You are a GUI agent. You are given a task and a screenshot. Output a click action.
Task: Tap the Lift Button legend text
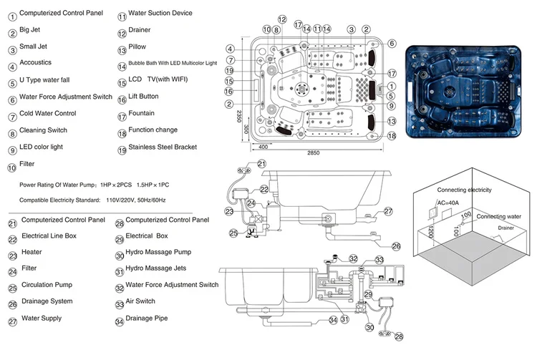click(x=143, y=97)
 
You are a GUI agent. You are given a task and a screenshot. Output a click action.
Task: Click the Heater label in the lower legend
click(x=32, y=252)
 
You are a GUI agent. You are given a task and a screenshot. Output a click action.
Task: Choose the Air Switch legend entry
click(x=140, y=301)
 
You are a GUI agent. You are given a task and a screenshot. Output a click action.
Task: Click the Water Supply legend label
click(x=42, y=318)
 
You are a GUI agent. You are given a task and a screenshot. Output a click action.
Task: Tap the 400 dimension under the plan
click(x=263, y=146)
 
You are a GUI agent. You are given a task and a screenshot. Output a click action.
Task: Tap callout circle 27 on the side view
click(x=388, y=211)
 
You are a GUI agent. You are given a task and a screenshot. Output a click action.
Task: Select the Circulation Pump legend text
click(x=47, y=285)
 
